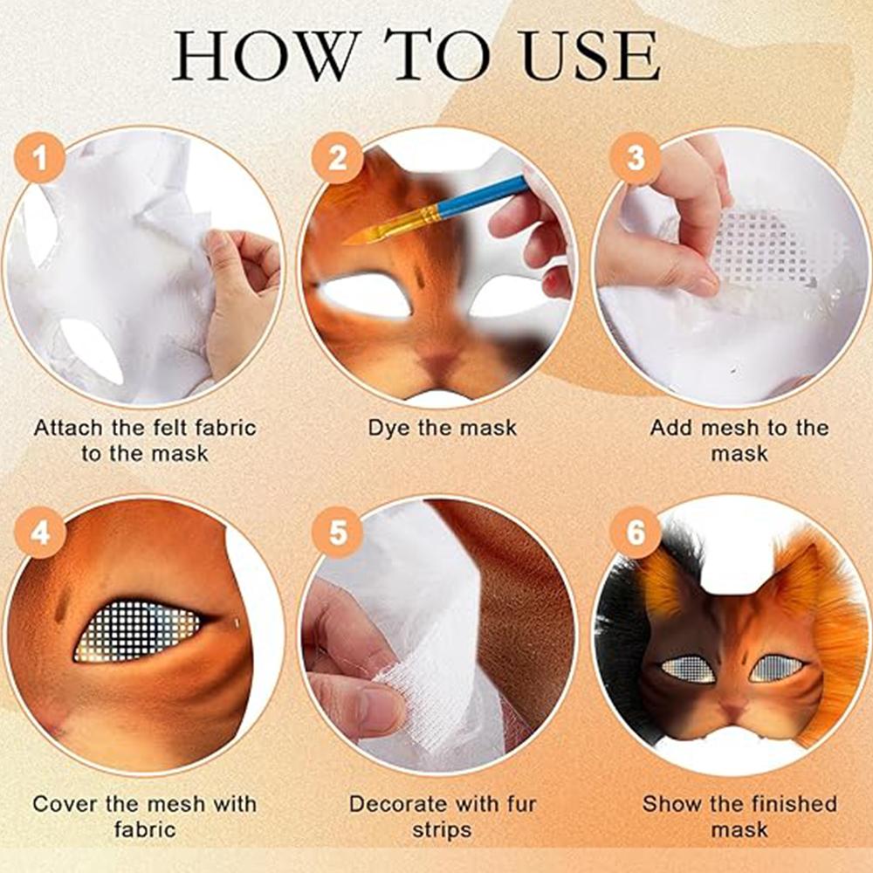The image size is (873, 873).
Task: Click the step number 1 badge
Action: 38,159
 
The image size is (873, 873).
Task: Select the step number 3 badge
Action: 636,159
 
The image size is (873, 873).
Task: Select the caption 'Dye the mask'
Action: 442,428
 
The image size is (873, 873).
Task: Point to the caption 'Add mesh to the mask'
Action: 739,440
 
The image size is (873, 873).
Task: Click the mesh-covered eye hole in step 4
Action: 138,630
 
